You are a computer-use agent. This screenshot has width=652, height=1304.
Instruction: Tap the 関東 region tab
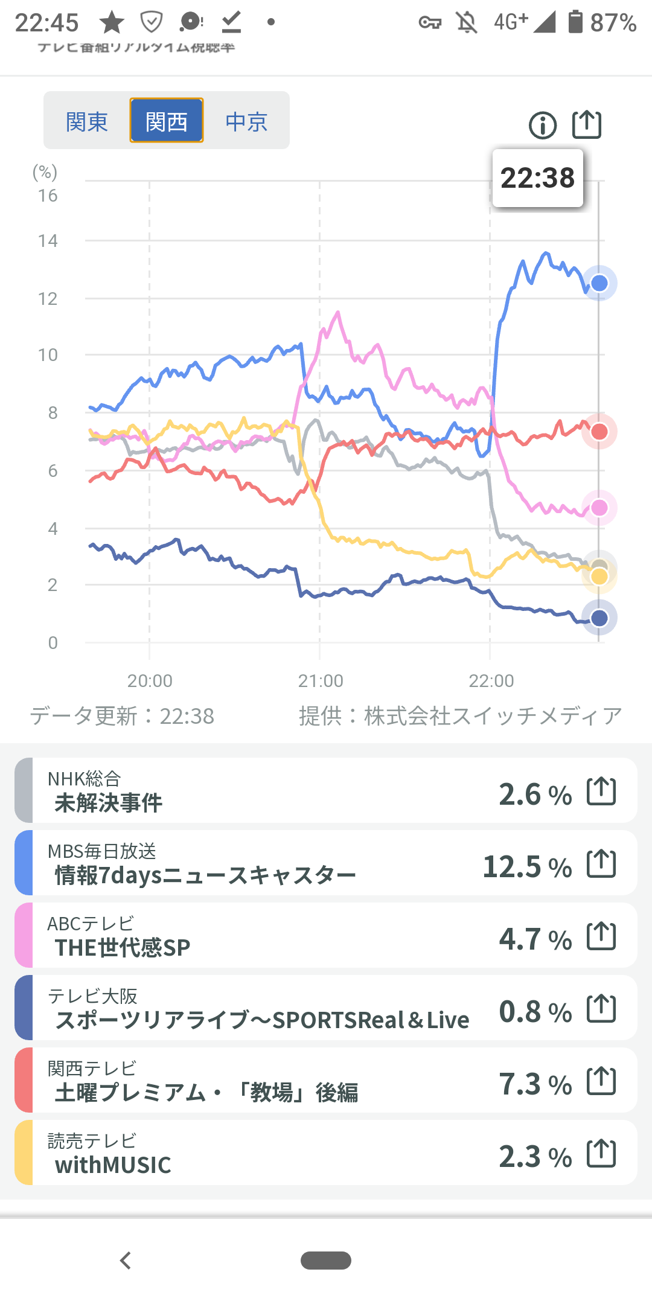pos(87,121)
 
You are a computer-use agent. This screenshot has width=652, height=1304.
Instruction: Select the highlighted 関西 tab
pos(167,121)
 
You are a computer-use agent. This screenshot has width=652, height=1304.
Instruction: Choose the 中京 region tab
pos(246,121)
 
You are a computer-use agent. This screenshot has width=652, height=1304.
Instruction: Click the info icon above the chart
pos(543,126)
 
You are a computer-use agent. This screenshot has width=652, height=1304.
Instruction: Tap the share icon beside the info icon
pos(587,125)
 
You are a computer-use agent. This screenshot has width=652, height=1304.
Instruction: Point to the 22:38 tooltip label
pos(537,178)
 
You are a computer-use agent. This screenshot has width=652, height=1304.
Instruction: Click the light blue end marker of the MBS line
pos(599,283)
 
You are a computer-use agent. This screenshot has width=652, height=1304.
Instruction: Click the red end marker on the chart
pos(599,432)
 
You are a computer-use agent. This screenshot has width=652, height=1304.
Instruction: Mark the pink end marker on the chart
pos(599,508)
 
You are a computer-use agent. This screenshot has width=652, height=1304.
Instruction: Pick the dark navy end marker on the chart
pos(599,618)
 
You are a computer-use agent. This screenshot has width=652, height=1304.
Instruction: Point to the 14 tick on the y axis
pos(48,241)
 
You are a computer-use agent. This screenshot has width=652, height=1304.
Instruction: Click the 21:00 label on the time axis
pos(320,680)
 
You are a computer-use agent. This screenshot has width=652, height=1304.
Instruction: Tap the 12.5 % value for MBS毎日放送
pos(527,867)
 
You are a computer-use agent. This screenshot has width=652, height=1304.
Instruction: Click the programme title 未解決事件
pos(109,803)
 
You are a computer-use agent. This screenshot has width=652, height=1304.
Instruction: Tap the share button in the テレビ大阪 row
pos(601,1008)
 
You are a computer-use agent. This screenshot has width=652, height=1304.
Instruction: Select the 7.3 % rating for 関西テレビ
pos(535,1084)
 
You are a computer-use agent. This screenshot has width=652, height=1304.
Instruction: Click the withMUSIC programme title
pos(113,1165)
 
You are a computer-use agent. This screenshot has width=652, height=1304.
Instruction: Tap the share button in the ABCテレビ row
pos(601,936)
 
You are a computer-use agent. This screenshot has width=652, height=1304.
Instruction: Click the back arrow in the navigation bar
pos(126,1261)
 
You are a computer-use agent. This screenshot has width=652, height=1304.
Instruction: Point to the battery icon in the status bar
pos(575,22)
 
